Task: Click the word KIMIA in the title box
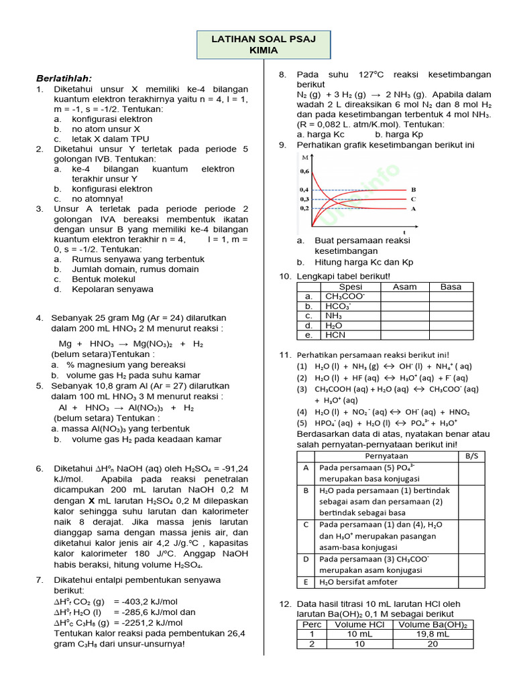click(x=262, y=50)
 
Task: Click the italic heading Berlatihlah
click(x=64, y=78)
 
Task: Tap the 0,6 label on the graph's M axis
click(x=304, y=171)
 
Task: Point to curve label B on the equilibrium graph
click(x=414, y=190)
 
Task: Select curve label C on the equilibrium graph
click(x=414, y=199)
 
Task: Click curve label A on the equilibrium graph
click(x=414, y=208)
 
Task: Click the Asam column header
click(x=404, y=287)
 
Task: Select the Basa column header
click(x=451, y=287)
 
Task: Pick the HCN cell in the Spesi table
click(x=335, y=335)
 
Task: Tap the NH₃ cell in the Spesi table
click(x=333, y=316)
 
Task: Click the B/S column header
click(x=471, y=455)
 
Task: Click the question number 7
click(x=40, y=579)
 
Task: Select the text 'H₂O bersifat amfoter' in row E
click(x=359, y=582)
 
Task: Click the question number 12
click(x=284, y=604)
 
